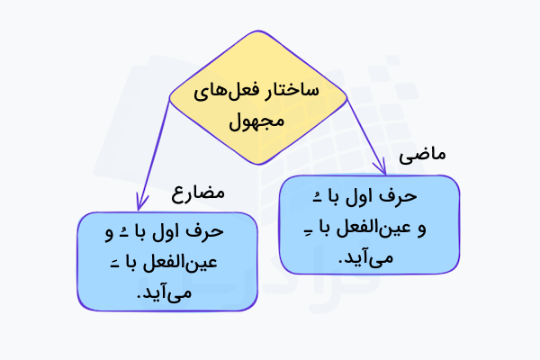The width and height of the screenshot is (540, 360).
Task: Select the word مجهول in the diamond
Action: pos(257,118)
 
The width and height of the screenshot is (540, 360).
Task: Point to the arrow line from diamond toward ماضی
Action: pos(364,126)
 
